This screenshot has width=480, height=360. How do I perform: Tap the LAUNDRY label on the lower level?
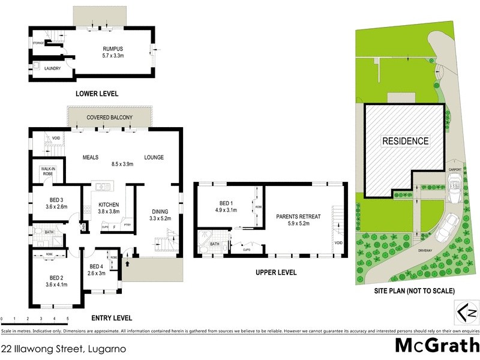tap(53, 68)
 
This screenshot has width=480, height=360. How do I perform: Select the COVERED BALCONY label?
tap(109, 117)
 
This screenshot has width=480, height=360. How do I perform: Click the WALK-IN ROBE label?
tap(48, 171)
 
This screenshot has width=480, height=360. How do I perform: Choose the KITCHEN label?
tap(108, 205)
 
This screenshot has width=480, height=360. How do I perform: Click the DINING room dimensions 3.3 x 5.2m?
tap(160, 219)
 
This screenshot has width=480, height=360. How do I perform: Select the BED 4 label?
tap(97, 266)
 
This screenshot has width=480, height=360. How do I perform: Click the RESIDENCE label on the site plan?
tap(406, 142)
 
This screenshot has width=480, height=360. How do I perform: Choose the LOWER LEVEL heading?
tap(97, 94)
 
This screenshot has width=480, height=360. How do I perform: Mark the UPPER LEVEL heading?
tap(275, 272)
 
